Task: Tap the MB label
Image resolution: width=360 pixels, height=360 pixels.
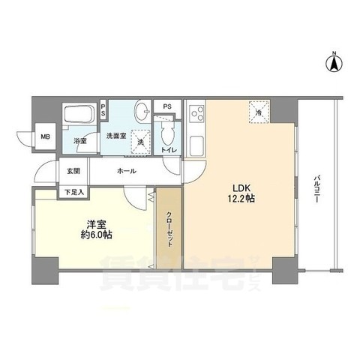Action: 46,136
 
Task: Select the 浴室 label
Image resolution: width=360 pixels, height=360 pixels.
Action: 79,139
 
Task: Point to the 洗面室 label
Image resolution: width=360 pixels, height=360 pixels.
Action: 115,136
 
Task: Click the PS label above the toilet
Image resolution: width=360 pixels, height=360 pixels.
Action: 168,106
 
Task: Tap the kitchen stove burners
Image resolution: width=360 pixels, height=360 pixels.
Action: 199,115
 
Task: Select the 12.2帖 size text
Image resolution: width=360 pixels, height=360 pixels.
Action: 239,200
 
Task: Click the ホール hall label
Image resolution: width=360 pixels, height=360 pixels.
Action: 125,171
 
